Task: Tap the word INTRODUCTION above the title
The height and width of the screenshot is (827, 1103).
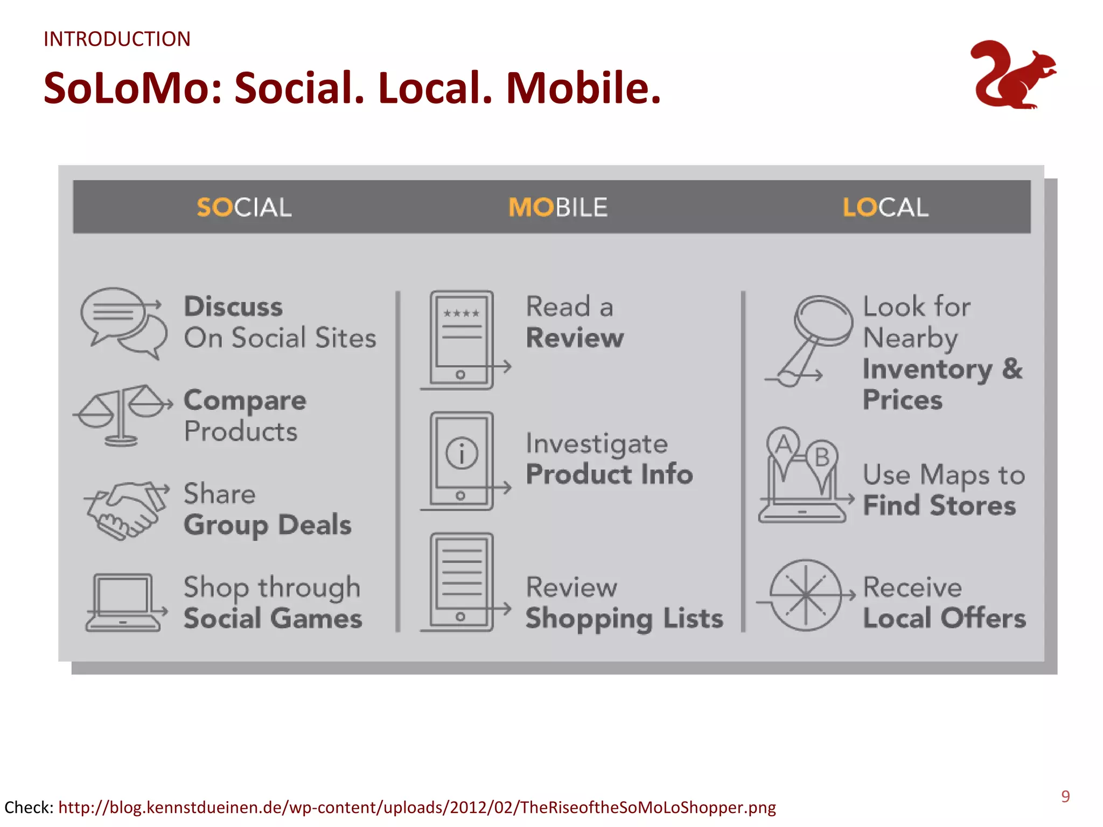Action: (x=117, y=39)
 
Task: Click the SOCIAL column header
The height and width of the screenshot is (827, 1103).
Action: (x=244, y=207)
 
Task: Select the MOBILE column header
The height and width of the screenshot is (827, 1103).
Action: (x=558, y=207)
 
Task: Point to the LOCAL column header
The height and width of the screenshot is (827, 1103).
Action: (x=885, y=207)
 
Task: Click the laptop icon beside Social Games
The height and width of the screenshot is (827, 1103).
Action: (x=123, y=602)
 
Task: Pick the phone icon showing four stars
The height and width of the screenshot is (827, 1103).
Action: (x=462, y=339)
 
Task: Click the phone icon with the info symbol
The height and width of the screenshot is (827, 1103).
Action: (x=462, y=460)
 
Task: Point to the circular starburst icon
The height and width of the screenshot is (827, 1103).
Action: (x=805, y=595)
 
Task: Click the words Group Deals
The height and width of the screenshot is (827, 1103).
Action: (x=268, y=525)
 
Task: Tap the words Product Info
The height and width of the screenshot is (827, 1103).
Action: (x=609, y=474)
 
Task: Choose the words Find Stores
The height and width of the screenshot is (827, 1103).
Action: (x=939, y=506)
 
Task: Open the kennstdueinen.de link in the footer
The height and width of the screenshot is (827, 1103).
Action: (x=417, y=807)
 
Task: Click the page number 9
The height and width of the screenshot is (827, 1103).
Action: (x=1065, y=796)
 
